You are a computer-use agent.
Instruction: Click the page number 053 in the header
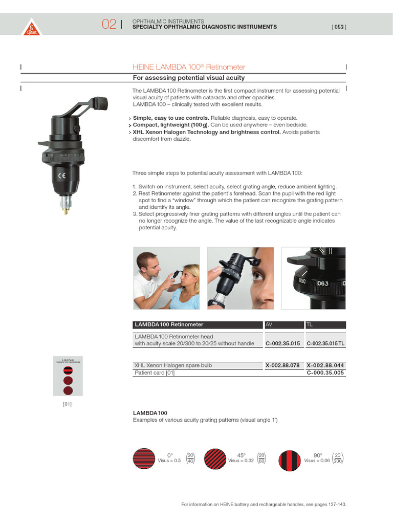[x=339, y=27]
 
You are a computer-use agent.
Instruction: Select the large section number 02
[x=108, y=24]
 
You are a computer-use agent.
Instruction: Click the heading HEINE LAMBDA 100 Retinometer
[x=189, y=67]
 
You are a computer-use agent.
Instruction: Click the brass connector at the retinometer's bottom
[x=65, y=205]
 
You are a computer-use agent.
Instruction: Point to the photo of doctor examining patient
[x=166, y=278]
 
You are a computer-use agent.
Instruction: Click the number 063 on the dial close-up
[x=322, y=283]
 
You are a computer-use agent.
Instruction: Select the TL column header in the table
[x=310, y=324]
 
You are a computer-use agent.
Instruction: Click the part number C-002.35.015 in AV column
[x=282, y=343]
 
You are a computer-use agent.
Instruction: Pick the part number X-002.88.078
[x=282, y=365]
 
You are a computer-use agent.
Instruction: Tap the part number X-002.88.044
[x=325, y=365]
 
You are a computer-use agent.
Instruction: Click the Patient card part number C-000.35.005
[x=325, y=373]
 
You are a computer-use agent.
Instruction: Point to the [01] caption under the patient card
[x=68, y=404]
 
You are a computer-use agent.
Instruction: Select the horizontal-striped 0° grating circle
[x=143, y=458]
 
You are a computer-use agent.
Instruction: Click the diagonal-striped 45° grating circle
[x=214, y=458]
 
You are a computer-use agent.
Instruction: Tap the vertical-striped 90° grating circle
[x=289, y=458]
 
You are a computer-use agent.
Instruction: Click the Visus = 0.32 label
[x=241, y=461]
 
